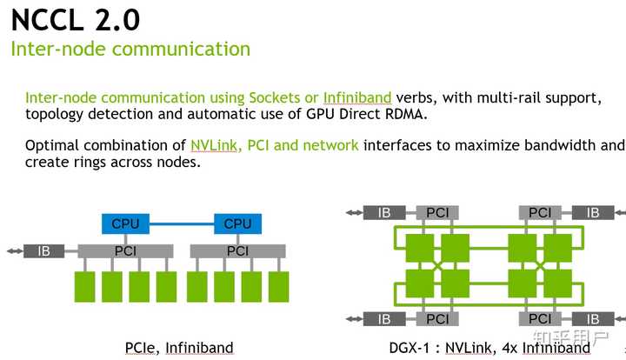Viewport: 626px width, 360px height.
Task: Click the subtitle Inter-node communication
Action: pos(130,49)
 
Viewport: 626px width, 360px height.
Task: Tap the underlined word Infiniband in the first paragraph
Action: pos(357,97)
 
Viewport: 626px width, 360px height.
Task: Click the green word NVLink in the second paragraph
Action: pos(216,145)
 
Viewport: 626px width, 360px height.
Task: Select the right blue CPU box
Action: pos(237,223)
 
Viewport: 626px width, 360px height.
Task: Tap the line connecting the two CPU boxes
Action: pos(183,223)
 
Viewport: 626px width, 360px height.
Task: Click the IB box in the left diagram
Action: pos(43,251)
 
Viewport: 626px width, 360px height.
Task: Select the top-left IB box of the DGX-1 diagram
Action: pos(383,212)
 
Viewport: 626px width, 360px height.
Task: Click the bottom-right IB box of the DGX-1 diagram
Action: pos(593,319)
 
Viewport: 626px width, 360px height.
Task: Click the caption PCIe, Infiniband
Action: pos(179,348)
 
